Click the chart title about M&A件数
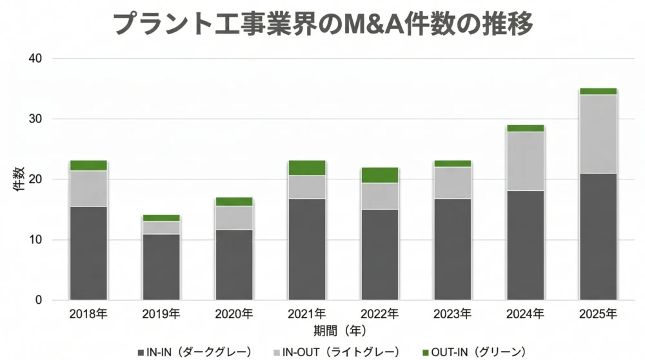322,24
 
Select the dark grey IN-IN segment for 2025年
598,236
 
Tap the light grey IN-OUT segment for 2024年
525,161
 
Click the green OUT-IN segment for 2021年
307,168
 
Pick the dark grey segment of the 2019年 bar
161,266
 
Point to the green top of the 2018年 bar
88,165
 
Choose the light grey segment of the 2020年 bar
234,217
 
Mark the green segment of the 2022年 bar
380,175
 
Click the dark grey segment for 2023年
452,249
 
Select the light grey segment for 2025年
598,134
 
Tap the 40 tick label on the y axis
35,59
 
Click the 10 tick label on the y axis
35,240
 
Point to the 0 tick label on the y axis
39,300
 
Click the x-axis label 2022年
380,315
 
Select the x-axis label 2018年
88,315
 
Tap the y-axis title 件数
19,179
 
